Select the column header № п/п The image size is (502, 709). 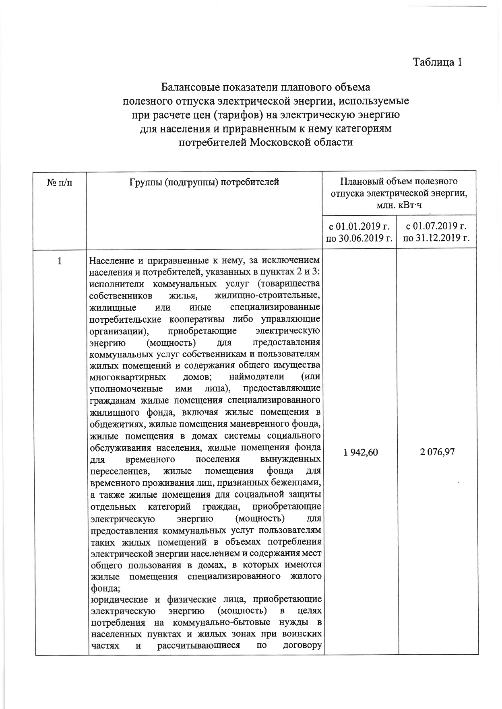click(x=60, y=182)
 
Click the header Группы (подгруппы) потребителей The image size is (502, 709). click(x=204, y=182)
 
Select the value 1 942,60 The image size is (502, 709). click(x=360, y=452)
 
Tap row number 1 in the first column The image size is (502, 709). click(x=60, y=261)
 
